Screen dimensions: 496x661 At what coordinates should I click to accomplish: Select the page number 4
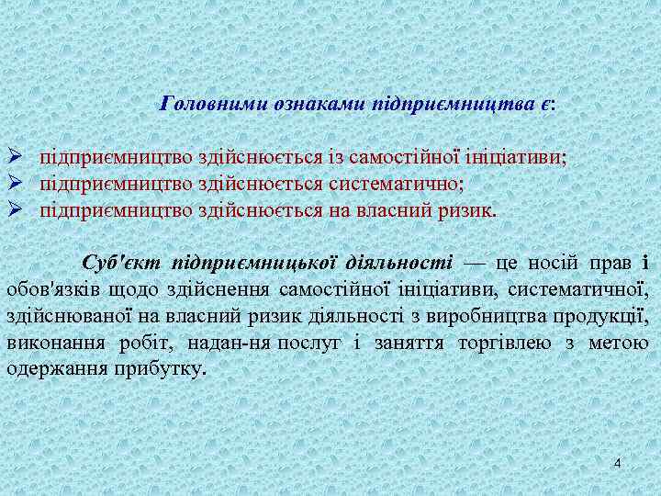pyautogui.click(x=618, y=463)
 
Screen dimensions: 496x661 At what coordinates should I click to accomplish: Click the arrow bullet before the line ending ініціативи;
pyautogui.click(x=15, y=158)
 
